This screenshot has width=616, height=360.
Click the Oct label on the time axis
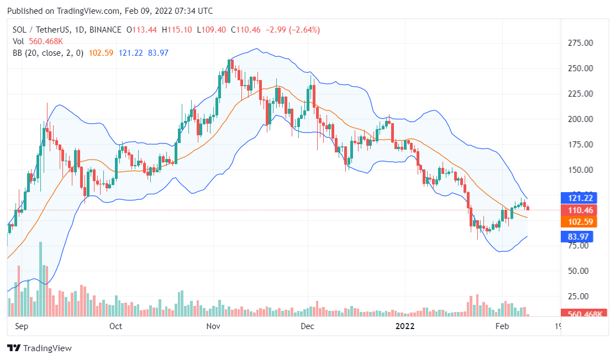coord(115,326)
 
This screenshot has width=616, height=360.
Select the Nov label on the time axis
coord(214,326)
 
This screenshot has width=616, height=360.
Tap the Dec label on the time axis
coord(307,326)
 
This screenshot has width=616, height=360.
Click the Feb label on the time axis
coord(502,326)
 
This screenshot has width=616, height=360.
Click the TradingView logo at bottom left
coord(39,348)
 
